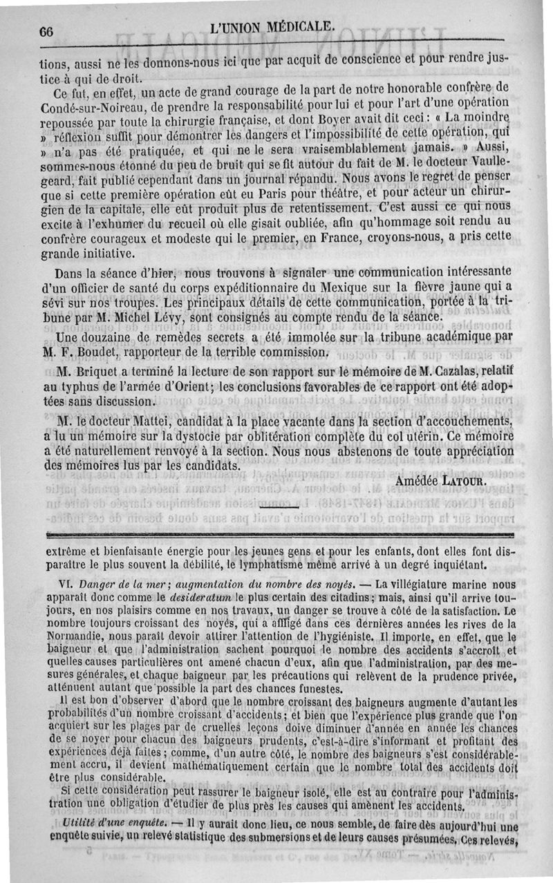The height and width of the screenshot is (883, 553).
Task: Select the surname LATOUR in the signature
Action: (x=462, y=480)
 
